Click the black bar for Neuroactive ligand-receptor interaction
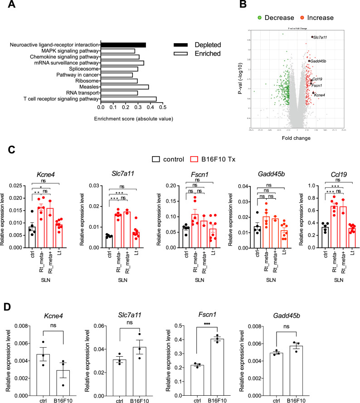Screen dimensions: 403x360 123,45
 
